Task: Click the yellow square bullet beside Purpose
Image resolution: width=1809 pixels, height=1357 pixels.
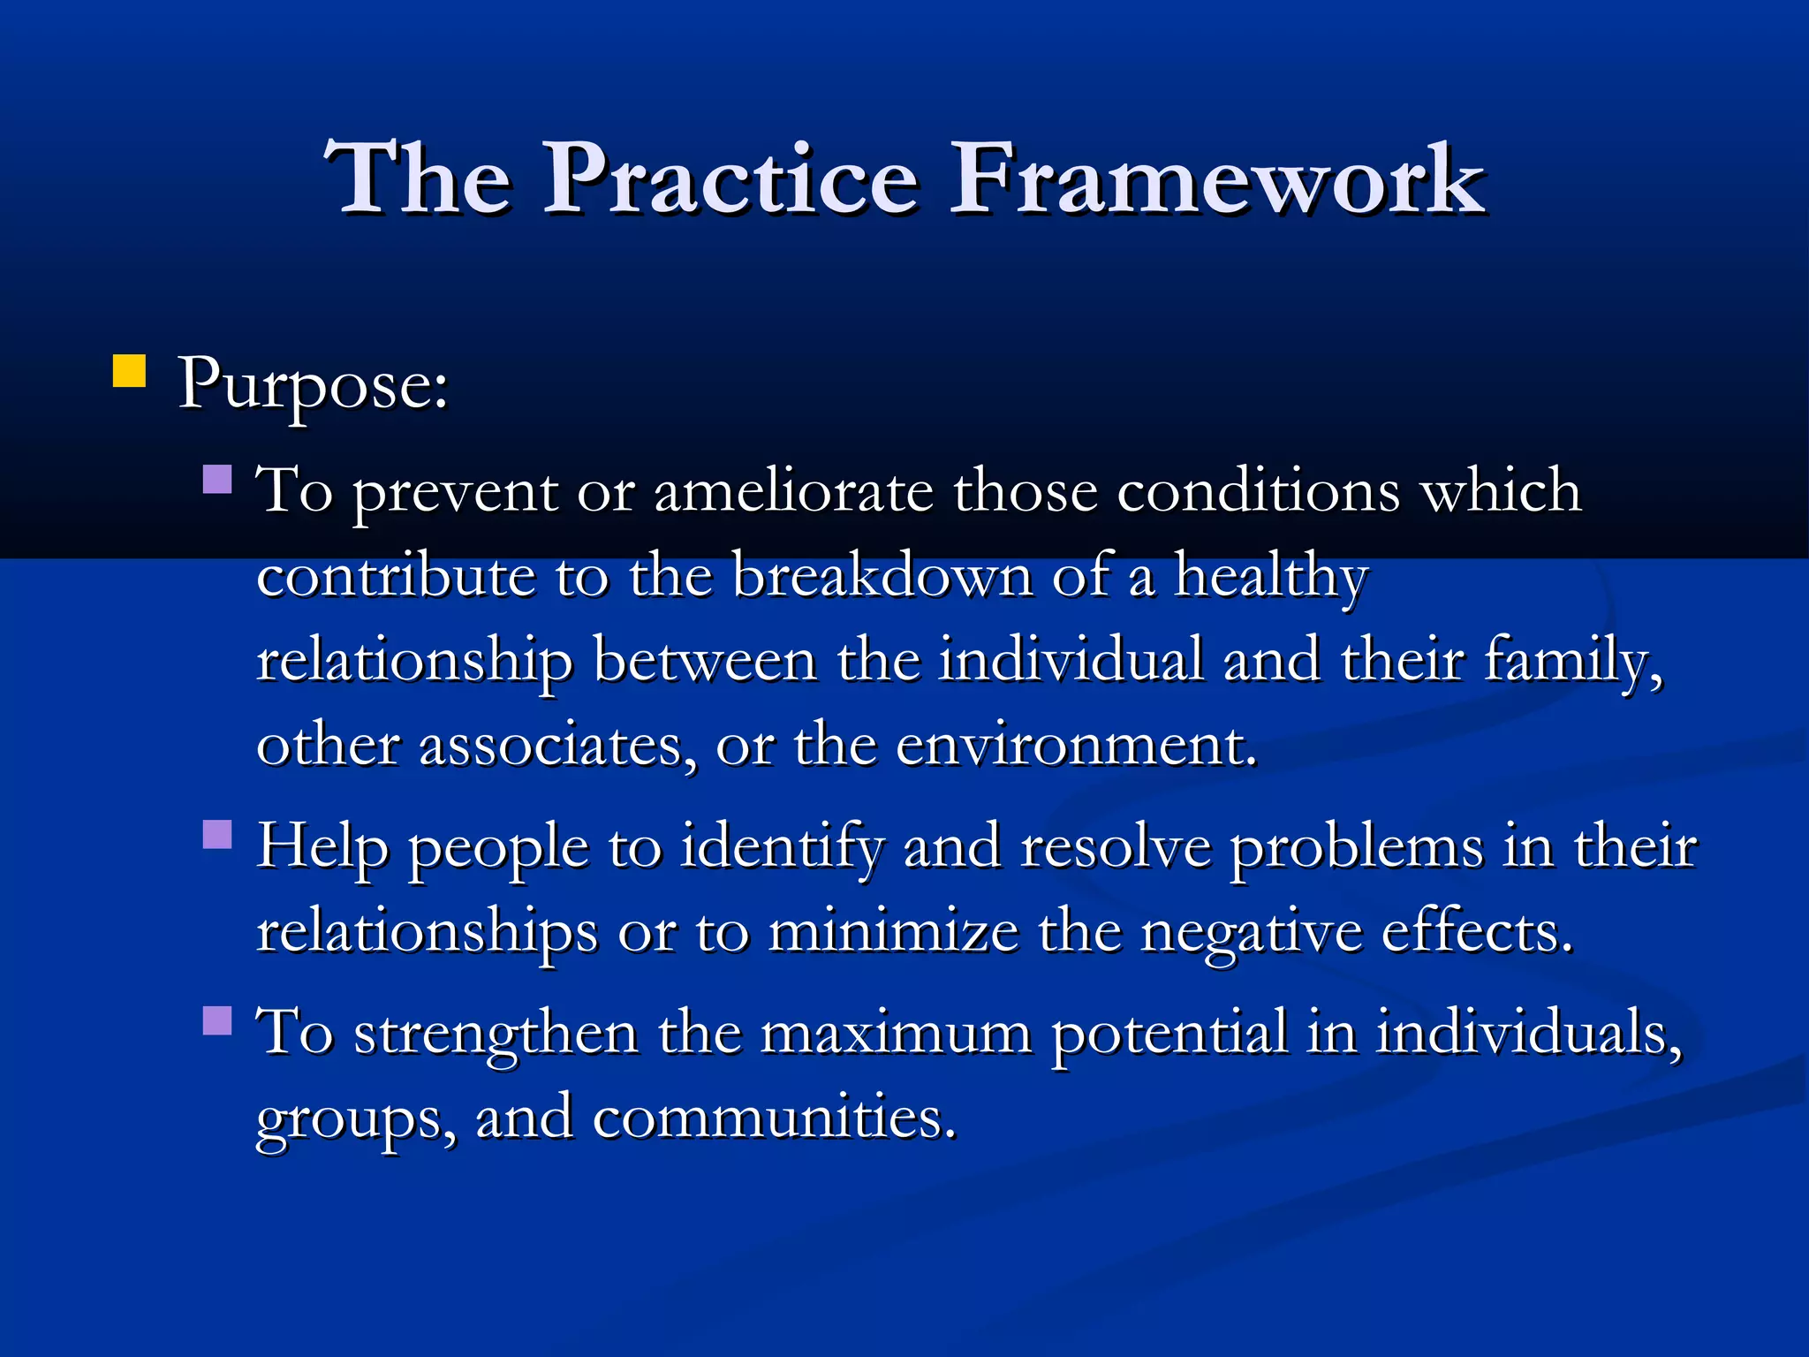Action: click(129, 372)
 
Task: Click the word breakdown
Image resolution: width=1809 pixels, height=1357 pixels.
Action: click(882, 576)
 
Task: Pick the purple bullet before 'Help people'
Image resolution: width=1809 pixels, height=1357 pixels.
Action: click(217, 834)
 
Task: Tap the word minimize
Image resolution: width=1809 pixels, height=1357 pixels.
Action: click(893, 932)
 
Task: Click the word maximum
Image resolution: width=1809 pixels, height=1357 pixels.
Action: click(896, 1033)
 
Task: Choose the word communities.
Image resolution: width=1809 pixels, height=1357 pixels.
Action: click(774, 1118)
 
